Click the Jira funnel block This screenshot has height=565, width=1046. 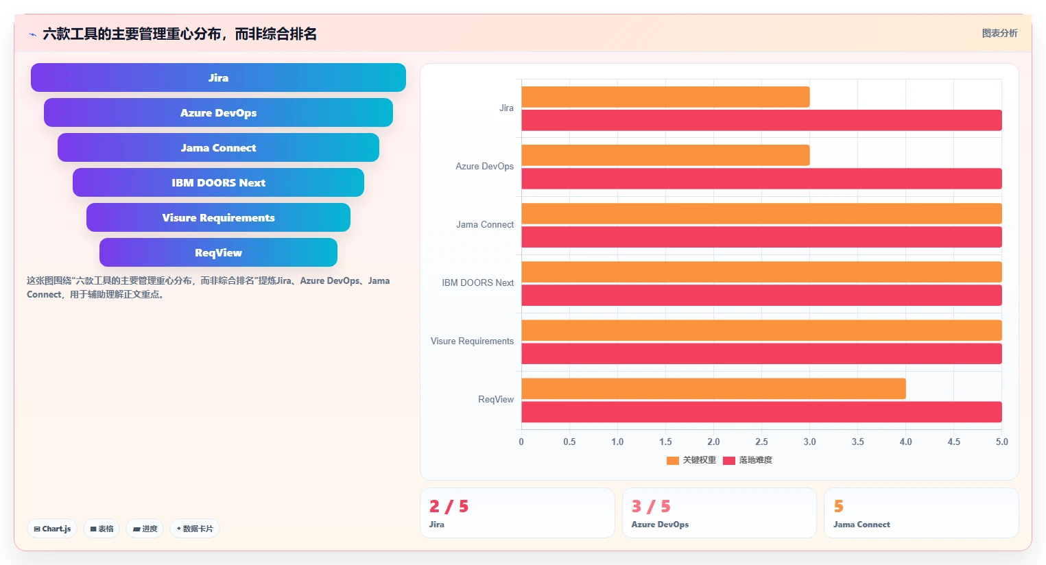click(218, 77)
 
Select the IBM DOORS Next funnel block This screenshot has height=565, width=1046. click(218, 182)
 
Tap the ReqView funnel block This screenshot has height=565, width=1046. click(218, 252)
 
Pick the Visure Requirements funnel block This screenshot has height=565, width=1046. click(218, 217)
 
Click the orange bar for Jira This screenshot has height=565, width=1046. click(665, 97)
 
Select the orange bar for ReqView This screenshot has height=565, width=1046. click(713, 389)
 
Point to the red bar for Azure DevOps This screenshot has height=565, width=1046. click(761, 178)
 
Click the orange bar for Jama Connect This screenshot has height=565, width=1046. click(761, 213)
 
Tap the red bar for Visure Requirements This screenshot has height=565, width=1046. click(761, 354)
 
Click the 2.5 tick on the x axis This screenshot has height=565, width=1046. click(761, 442)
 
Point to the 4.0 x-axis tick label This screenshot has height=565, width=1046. click(906, 442)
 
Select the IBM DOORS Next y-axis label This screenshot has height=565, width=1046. click(477, 283)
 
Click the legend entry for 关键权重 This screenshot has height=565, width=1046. click(691, 460)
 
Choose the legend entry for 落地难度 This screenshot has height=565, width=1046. click(748, 460)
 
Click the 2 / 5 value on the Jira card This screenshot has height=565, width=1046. click(449, 506)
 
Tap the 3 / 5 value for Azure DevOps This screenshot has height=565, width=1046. click(651, 506)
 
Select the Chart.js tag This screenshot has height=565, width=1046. click(52, 529)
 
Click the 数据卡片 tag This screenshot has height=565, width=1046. click(195, 529)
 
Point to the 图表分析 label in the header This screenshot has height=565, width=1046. click(1000, 33)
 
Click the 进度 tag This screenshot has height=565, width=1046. click(145, 529)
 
